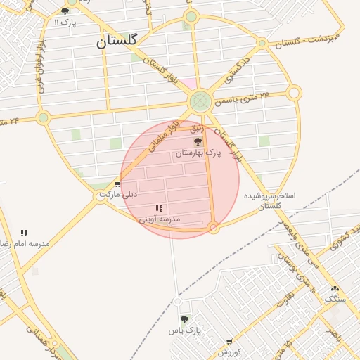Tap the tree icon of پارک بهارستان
[x=196, y=141]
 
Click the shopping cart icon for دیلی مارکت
[x=117, y=184]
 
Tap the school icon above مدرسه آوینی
[x=159, y=208]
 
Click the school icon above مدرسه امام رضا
[x=24, y=233]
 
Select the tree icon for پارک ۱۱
[x=65, y=11]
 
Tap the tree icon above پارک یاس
[x=184, y=319]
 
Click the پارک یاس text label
[x=184, y=330]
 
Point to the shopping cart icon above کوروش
[x=229, y=342]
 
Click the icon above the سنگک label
[x=335, y=288]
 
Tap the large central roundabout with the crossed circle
[x=200, y=102]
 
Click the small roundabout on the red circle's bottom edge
[x=214, y=228]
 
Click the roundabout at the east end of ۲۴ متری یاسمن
[x=294, y=93]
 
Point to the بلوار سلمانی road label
[x=163, y=139]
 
